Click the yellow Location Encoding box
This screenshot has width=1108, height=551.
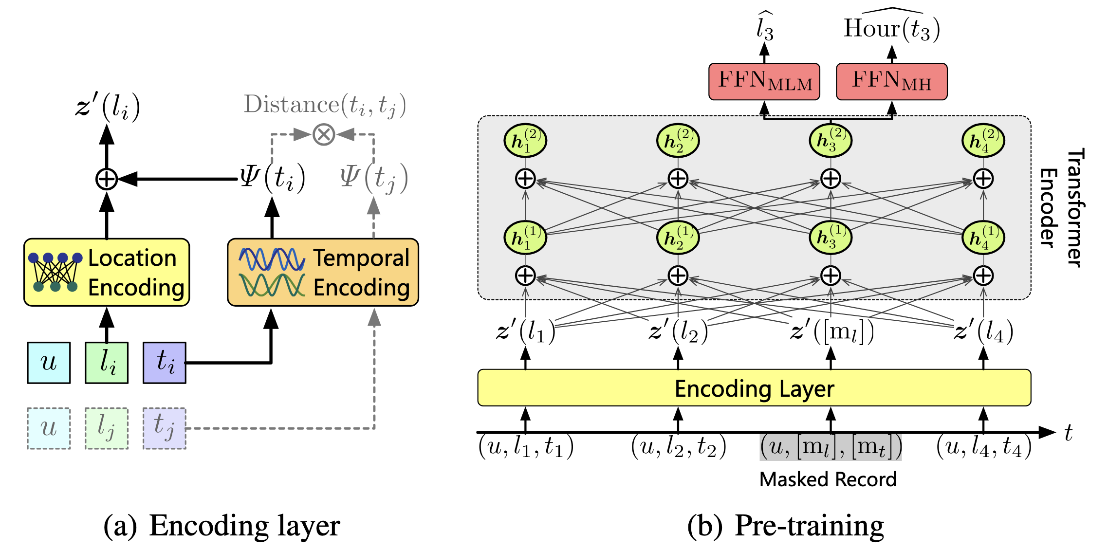[x=107, y=272]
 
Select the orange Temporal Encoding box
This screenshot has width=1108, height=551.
[x=323, y=272]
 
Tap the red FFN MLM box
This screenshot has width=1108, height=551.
[x=764, y=81]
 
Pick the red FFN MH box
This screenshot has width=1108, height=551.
[x=891, y=81]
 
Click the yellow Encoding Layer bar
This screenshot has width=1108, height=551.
[x=754, y=388]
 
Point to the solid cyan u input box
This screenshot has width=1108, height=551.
[x=49, y=363]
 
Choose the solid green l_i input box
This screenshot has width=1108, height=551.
[x=107, y=363]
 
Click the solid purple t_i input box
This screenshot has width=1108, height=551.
[x=165, y=363]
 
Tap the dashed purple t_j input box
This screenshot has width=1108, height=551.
[x=165, y=428]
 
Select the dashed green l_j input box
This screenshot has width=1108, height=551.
[x=107, y=428]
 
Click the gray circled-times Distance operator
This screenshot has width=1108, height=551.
[x=324, y=134]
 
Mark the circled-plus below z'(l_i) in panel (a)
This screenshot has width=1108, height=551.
[x=107, y=179]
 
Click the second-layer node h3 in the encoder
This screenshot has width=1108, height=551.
[x=831, y=141]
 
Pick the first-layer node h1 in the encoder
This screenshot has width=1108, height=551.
[x=525, y=238]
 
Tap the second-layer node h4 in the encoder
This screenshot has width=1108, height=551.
[x=983, y=141]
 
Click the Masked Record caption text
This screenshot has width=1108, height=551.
[x=828, y=479]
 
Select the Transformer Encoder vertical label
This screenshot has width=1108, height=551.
[x=1061, y=208]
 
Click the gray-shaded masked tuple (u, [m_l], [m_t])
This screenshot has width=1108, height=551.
[x=831, y=447]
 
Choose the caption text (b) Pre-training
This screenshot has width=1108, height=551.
[x=785, y=526]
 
